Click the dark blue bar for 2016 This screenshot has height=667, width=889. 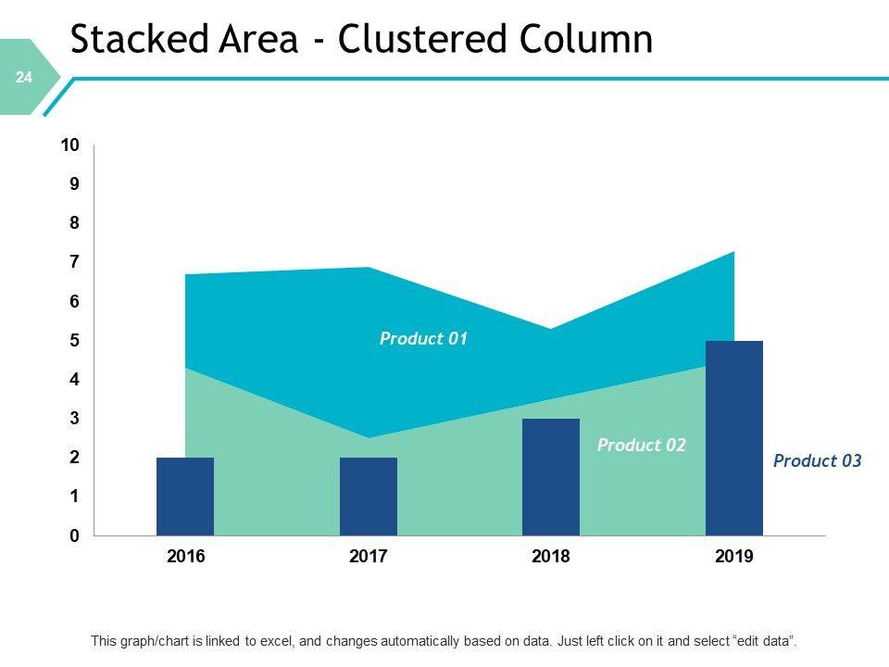185,497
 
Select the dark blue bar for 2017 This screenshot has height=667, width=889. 369,497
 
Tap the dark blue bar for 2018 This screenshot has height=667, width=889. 551,477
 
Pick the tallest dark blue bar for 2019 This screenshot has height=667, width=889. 734,438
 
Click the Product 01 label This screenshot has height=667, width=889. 423,339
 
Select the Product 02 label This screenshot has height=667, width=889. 641,446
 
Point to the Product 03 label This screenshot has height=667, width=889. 817,460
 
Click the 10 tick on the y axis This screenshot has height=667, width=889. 70,145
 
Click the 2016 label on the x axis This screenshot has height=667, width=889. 185,558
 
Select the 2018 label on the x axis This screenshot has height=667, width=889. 551,558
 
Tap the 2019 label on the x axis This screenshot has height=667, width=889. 734,558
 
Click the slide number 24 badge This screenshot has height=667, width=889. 24,79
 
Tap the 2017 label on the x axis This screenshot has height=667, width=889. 369,558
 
